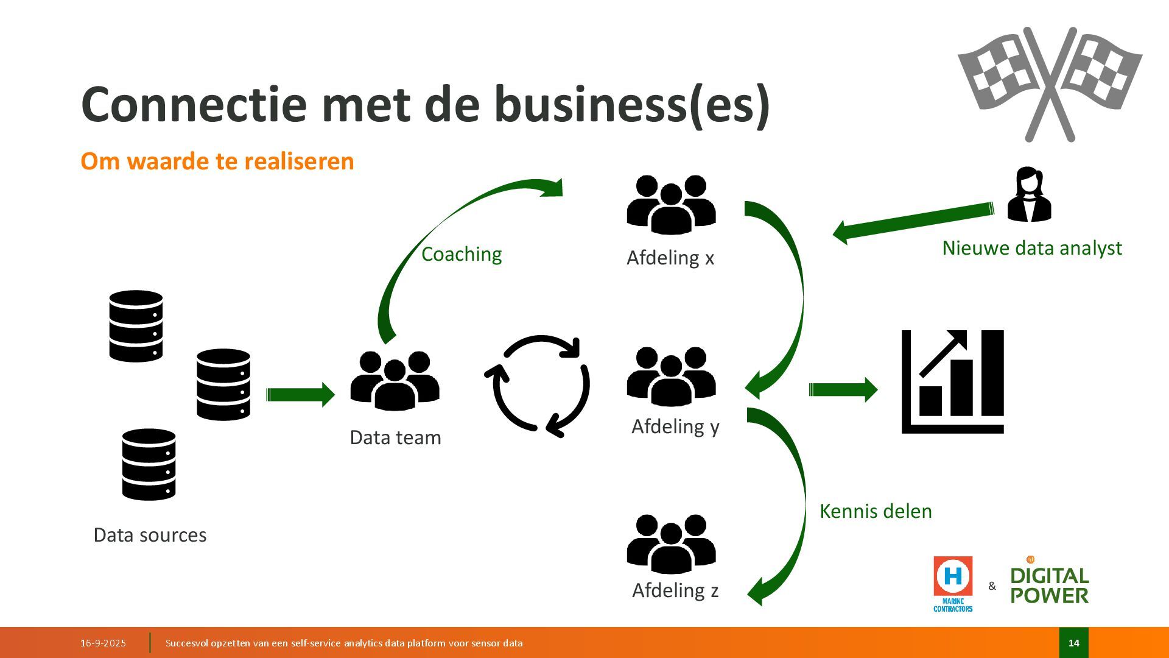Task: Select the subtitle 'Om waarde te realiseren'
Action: point(217,161)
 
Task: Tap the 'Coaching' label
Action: point(462,254)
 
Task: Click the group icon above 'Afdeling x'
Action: point(671,205)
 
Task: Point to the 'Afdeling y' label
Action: point(675,426)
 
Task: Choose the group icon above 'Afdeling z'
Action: point(671,544)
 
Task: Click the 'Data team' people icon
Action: point(395,380)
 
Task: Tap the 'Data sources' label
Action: point(150,535)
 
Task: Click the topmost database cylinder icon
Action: point(136,326)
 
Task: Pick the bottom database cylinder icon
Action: point(149,464)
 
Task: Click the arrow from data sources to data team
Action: point(300,394)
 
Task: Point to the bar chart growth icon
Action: point(952,381)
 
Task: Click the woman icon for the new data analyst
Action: point(1029,194)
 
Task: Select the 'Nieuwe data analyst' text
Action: point(1031,248)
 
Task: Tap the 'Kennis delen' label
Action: point(876,511)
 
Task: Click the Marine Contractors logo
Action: point(953,583)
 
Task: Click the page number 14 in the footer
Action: point(1073,643)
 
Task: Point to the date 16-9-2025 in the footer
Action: point(103,643)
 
